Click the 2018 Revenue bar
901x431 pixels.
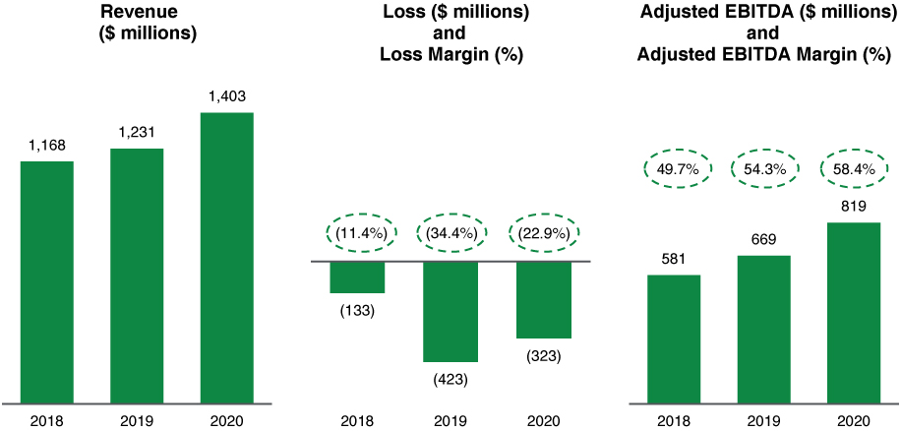point(47,281)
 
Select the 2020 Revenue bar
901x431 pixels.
point(226,258)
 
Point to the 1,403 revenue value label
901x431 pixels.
point(226,96)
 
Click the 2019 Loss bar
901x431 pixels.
point(450,311)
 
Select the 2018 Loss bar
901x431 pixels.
point(357,277)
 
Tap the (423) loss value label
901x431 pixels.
point(450,379)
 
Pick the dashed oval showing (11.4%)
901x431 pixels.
point(358,233)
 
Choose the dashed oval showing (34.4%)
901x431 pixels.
point(450,233)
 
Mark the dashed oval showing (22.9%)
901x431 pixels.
point(543,233)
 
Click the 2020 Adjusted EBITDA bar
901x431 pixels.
point(853,313)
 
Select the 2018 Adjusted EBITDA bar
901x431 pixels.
point(674,339)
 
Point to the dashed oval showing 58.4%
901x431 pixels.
point(853,169)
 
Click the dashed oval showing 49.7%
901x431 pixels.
point(674,169)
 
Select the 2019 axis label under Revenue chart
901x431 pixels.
point(137,420)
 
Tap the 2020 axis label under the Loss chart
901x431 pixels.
point(543,420)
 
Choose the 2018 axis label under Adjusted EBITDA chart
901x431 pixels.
point(674,420)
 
